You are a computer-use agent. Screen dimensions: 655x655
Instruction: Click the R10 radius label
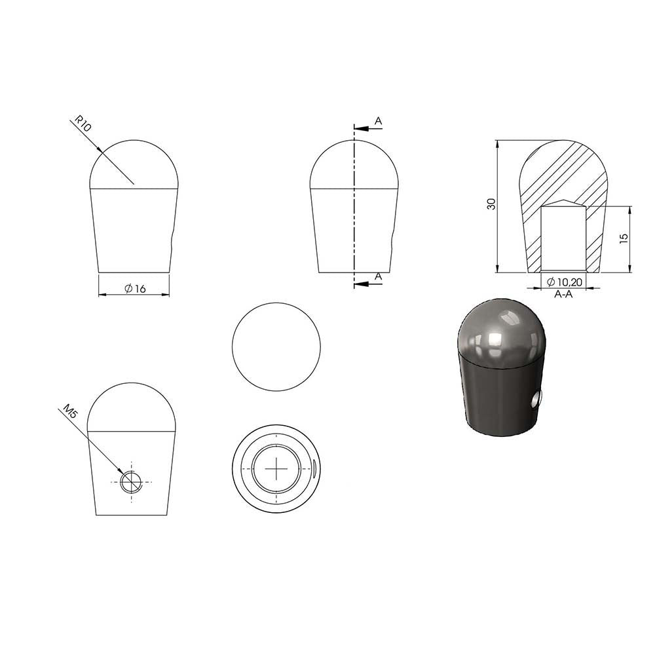pyautogui.click(x=83, y=124)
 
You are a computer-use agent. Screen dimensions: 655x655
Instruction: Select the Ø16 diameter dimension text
pyautogui.click(x=136, y=288)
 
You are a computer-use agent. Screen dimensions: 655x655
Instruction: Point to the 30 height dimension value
pyautogui.click(x=492, y=204)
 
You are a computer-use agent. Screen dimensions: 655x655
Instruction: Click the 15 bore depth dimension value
pyautogui.click(x=624, y=238)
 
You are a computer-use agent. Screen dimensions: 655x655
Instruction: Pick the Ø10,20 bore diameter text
pyautogui.click(x=565, y=282)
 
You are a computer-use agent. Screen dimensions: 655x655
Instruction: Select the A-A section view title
pyautogui.click(x=563, y=294)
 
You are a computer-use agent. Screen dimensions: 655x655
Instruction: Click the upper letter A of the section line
pyautogui.click(x=378, y=121)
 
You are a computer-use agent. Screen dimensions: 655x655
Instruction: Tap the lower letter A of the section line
pyautogui.click(x=378, y=276)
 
